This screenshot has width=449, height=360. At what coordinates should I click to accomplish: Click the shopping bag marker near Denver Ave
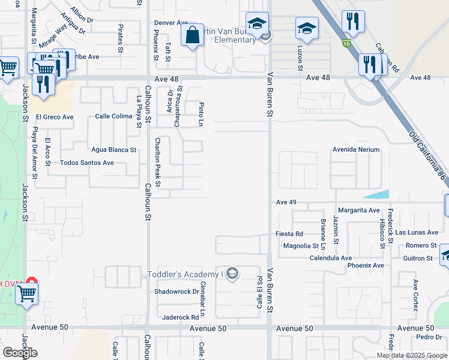pos(192,36)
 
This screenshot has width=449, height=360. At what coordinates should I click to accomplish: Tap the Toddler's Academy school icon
pos(232,275)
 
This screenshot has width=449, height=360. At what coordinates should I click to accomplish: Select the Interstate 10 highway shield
pos(346,43)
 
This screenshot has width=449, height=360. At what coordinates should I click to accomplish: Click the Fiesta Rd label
pos(289,234)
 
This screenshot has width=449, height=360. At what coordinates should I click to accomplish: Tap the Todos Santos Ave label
pos(87,163)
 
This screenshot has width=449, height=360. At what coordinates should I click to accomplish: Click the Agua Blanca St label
pos(113,149)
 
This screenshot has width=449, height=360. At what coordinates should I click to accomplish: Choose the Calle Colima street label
pos(113,116)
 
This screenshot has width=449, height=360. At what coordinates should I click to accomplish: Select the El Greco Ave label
pos(55,116)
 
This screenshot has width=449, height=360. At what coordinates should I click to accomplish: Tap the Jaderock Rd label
pos(179,317)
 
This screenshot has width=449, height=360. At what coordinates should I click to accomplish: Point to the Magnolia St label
pos(301,246)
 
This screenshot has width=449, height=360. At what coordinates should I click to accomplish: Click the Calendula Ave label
pos(330,258)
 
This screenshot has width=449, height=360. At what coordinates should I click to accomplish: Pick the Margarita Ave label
pos(358,211)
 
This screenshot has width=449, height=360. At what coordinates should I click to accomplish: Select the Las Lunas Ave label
pos(417,232)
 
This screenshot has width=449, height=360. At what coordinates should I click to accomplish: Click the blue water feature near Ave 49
pos(377,194)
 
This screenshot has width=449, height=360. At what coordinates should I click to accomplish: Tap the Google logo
pos(20,353)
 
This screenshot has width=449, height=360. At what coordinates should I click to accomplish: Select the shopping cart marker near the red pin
pos(26,295)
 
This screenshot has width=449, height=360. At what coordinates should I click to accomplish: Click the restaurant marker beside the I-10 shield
pos(352,23)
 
